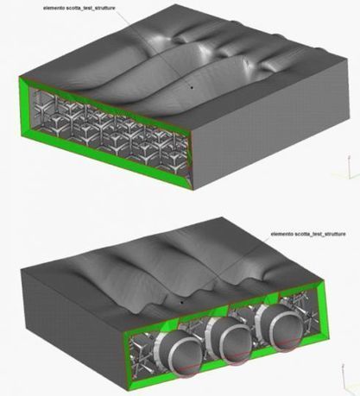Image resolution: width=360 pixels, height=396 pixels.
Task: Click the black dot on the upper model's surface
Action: tap(192, 87)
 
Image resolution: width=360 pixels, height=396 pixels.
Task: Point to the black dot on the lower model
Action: tap(181, 302)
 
